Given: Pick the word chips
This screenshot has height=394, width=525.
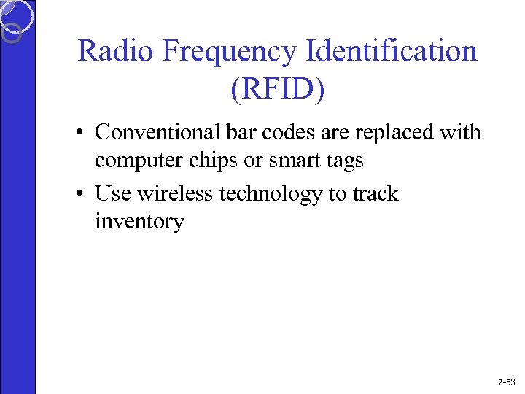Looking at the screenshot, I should tap(207, 161).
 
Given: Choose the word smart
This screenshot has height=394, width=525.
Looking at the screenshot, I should tap(289, 161).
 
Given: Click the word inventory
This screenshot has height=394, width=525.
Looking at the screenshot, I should tap(139, 222).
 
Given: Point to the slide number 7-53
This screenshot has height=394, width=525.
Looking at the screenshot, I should tap(505, 382).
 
